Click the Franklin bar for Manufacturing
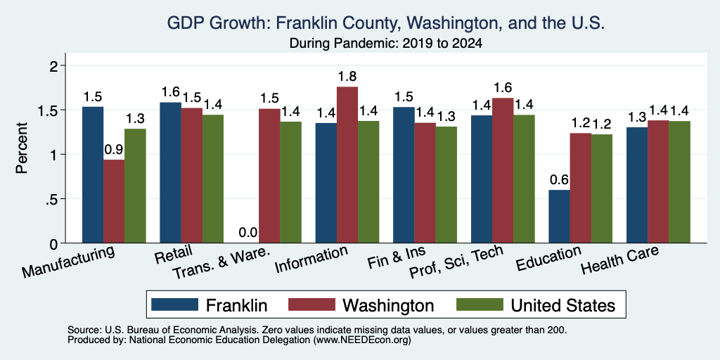[x=93, y=174]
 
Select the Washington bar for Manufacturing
[x=114, y=201]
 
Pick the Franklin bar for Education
[x=559, y=217]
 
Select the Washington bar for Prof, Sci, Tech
[x=503, y=170]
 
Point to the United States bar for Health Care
[x=679, y=182]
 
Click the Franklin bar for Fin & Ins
[x=404, y=175]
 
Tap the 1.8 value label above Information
[x=347, y=76]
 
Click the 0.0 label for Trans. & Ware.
[x=248, y=233]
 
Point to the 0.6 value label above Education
[x=559, y=179]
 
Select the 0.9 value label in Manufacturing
[x=114, y=149]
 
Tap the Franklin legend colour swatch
[x=174, y=304]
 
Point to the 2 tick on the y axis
[x=56, y=65]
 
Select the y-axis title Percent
[x=22, y=148]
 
